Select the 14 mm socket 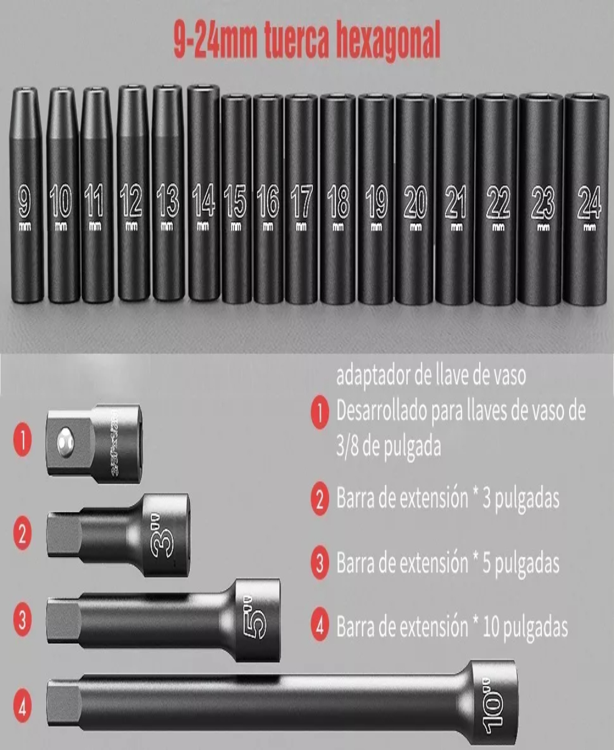point(204,193)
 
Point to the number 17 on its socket point(301,201)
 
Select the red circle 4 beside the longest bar point(22,708)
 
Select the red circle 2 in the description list point(320,500)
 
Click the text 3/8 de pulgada point(388,447)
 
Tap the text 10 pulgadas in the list point(524,627)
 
